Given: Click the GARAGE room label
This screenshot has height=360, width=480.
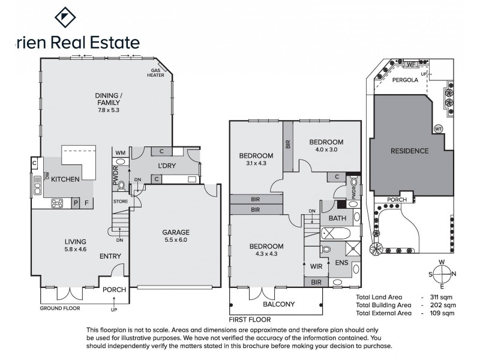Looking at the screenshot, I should tap(176, 232).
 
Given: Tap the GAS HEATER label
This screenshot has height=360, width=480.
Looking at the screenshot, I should tap(157, 73).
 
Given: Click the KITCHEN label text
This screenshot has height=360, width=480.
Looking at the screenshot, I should tap(66, 179).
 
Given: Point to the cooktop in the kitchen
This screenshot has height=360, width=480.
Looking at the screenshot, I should tap(58, 203).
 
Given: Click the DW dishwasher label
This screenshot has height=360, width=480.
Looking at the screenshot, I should tap(47, 175).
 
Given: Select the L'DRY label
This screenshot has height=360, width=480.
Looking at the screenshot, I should tap(167, 166).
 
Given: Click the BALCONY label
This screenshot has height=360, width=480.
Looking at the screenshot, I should tap(278, 304).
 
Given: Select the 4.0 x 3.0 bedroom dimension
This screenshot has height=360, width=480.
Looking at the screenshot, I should tap(326, 151).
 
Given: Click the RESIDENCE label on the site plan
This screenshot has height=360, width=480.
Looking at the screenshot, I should tap(409, 151).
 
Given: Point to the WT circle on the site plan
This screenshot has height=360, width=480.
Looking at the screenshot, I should tap(438, 128).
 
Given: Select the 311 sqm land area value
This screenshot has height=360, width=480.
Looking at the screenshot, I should tap(443, 297).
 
